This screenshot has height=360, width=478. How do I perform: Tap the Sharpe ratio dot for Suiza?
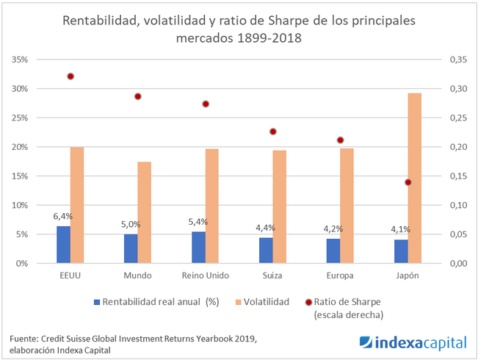coord(273,132)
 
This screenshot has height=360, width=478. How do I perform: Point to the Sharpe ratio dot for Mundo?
coord(137,96)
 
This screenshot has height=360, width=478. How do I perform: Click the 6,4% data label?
coord(63,217)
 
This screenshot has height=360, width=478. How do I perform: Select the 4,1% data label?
coord(399,230)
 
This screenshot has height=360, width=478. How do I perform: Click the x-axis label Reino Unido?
coord(205,276)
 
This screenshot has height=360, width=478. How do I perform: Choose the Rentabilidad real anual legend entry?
coord(154,301)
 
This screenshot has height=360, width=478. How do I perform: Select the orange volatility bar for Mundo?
coord(145,212)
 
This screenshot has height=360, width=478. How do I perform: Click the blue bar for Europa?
coord(333,251)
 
